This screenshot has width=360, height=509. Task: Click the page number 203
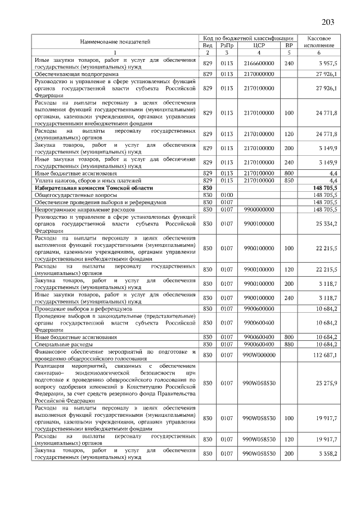(328, 22)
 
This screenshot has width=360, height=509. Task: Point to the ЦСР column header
(259, 45)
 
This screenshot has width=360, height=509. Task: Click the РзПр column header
(227, 45)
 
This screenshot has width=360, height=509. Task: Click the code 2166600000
(259, 64)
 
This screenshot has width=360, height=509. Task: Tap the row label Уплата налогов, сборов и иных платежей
(89, 181)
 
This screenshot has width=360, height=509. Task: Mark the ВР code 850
(289, 181)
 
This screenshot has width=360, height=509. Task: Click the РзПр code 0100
(227, 195)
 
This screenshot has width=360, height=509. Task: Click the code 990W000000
(259, 354)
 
